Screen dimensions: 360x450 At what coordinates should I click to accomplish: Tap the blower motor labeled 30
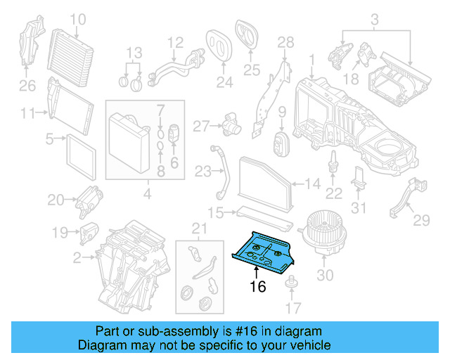click(323, 238)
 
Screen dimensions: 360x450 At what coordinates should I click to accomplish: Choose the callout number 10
click(77, 18)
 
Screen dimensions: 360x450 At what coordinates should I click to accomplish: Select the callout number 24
click(224, 83)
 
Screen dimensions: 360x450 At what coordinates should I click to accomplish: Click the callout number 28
click(285, 44)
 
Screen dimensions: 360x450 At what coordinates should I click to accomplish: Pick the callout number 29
click(420, 221)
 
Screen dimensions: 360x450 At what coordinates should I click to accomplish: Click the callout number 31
click(359, 208)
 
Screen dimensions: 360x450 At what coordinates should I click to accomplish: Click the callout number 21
click(200, 227)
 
